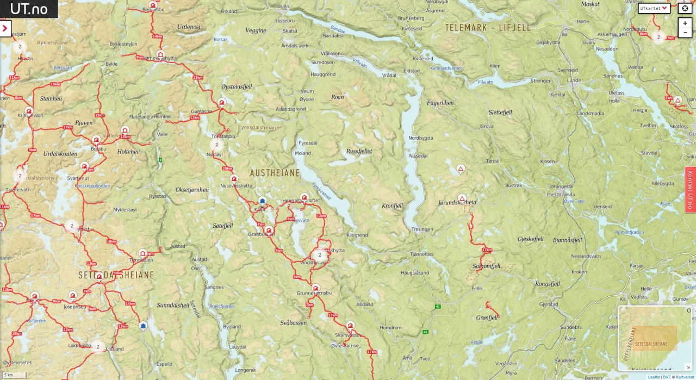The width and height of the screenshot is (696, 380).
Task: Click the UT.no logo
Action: pyautogui.click(x=29, y=9)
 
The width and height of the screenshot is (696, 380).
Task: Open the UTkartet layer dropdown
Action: pyautogui.click(x=654, y=8)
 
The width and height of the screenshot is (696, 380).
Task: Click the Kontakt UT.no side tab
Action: pyautogui.click(x=690, y=190)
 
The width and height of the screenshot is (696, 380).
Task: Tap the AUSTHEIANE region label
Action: pyautogui.click(x=275, y=173)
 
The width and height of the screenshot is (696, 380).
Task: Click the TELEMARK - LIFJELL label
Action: pyautogui.click(x=487, y=28)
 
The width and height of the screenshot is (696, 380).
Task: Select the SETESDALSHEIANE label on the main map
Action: pyautogui.click(x=116, y=275)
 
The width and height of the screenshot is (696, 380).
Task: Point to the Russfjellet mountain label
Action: pyautogui.click(x=359, y=151)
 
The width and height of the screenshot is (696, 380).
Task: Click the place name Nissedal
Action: pyautogui.click(x=418, y=155)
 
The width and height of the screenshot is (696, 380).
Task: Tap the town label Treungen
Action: pyautogui.click(x=422, y=229)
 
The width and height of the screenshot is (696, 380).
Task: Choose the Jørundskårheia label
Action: pyautogui.click(x=457, y=203)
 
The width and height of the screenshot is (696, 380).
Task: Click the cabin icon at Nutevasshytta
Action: pyautogui.click(x=234, y=178)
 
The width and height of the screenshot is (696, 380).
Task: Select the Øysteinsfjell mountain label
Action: pyautogui.click(x=237, y=86)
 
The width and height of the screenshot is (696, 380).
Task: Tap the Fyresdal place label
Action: pyautogui.click(x=308, y=142)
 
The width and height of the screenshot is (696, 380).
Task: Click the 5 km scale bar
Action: pyautogui.click(x=14, y=375)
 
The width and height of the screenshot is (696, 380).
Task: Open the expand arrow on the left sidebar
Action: pyautogui.click(x=5, y=28)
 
